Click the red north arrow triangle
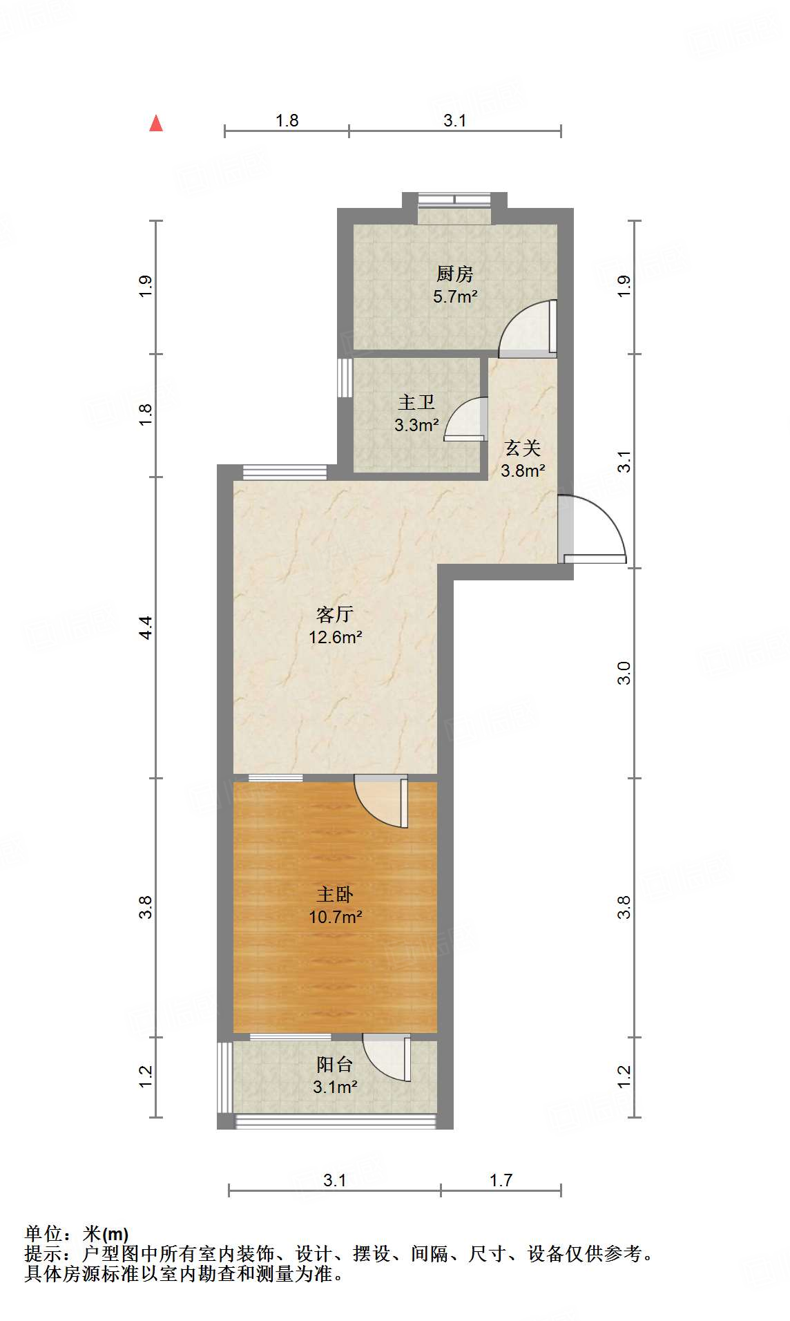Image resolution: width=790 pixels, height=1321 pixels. click(x=156, y=124)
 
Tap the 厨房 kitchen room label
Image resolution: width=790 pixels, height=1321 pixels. click(x=454, y=274)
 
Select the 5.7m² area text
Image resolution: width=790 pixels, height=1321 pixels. click(x=455, y=297)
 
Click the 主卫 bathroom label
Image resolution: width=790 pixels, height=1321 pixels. click(x=416, y=402)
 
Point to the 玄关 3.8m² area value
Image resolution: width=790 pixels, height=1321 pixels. click(x=523, y=471)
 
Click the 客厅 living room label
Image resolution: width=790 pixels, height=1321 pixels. click(x=335, y=614)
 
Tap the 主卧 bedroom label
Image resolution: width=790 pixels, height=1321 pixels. click(x=335, y=895)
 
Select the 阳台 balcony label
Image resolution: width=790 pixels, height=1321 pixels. click(x=335, y=1065)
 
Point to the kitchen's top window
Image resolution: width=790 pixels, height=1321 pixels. click(x=454, y=201)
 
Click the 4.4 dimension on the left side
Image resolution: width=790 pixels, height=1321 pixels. click(x=145, y=627)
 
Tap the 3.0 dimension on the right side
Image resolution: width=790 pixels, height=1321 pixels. click(x=624, y=672)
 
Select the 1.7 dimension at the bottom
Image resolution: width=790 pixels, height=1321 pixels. click(x=501, y=1180)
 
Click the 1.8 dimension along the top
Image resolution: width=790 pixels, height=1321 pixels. click(x=287, y=121)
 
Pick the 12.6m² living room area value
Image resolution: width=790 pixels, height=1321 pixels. click(x=335, y=637)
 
